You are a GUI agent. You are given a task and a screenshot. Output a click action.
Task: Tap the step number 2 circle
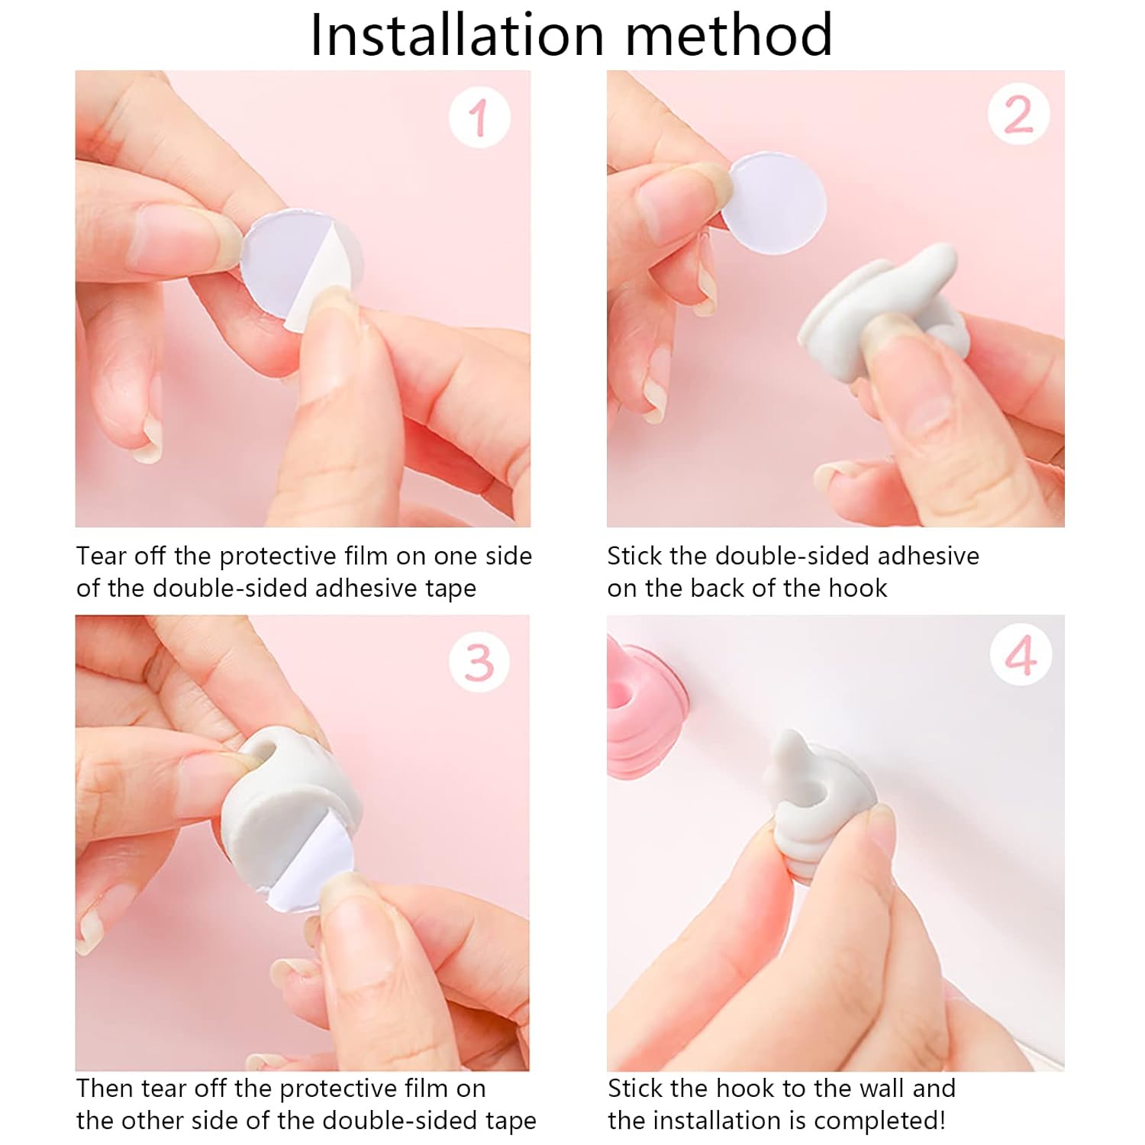point(1018,115)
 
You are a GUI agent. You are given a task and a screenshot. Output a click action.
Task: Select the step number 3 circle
point(479,662)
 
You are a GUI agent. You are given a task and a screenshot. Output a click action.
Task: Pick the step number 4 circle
point(1020,655)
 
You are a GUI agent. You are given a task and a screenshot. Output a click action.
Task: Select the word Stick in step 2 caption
point(634,556)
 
